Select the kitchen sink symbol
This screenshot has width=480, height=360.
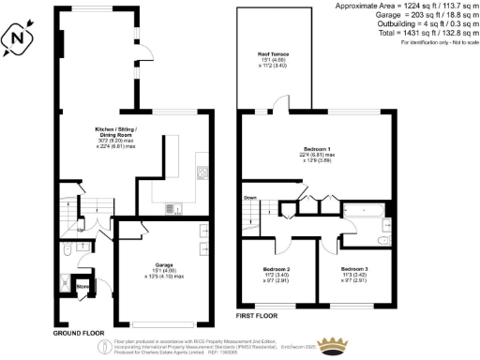click(x=170, y=207)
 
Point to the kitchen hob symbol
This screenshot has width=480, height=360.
click(x=200, y=172)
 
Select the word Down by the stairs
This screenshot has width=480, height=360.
click(x=249, y=198)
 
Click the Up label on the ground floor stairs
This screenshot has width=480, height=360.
click(x=81, y=228)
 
